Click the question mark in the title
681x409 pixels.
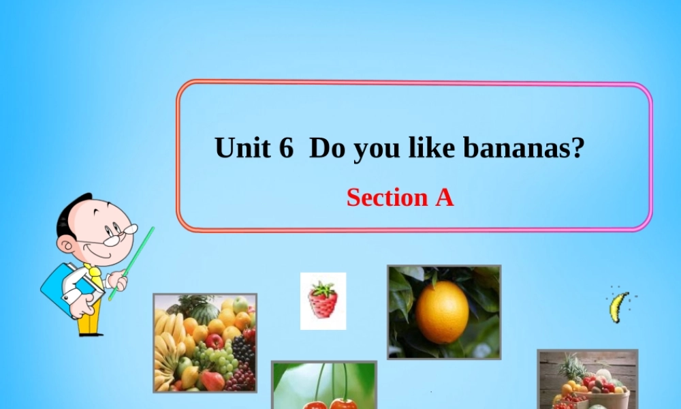point(577,148)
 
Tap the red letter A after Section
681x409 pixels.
point(443,198)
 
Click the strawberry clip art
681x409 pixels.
point(323,301)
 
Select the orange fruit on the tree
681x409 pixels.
point(442,312)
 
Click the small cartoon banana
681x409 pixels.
point(618,307)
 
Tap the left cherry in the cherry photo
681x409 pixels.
point(315,404)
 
